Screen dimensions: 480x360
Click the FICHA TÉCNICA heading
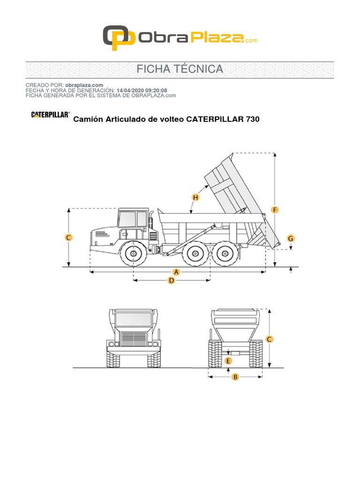(x=180, y=69)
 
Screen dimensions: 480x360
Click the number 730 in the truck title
(x=252, y=120)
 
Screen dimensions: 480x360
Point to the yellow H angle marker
(x=195, y=197)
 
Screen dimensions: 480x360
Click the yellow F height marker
(x=275, y=210)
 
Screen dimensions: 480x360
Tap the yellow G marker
(x=291, y=239)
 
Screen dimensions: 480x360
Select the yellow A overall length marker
(x=177, y=272)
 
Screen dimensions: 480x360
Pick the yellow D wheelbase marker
(x=172, y=280)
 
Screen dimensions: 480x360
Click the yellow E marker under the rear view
(x=228, y=361)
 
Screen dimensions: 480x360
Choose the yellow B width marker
(x=235, y=376)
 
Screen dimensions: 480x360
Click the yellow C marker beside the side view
(x=68, y=238)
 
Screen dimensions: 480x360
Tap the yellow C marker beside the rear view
(x=269, y=339)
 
